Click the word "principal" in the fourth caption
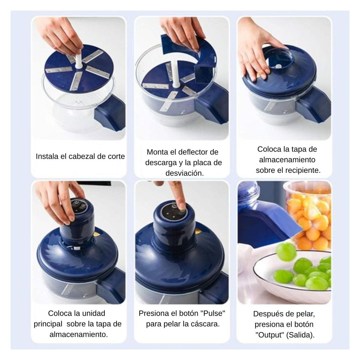coord(48,324)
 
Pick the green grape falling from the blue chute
coord(286,251)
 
